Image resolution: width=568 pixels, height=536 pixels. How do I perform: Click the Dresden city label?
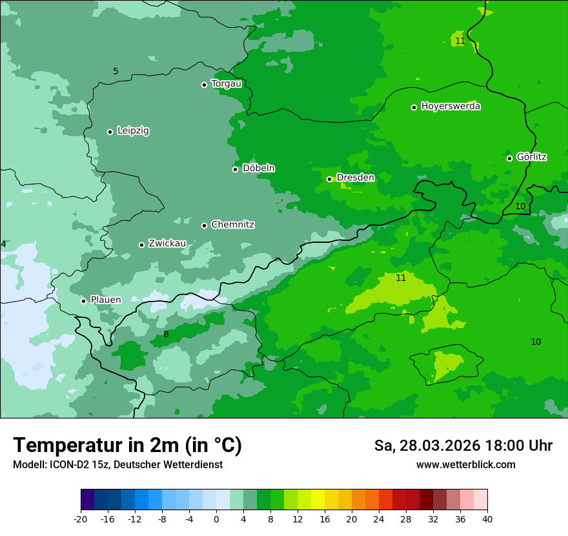[x=355, y=178]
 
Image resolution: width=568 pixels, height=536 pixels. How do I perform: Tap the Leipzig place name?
[x=133, y=131]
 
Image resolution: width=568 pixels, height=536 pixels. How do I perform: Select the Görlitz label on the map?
[x=532, y=157]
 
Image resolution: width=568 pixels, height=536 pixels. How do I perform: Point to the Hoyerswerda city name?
[x=451, y=107]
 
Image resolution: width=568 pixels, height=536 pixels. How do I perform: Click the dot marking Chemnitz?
[x=204, y=225]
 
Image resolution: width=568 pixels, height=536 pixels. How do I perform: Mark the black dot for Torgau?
[x=204, y=85]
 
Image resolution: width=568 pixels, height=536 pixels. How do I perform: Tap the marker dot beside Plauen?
[x=83, y=301]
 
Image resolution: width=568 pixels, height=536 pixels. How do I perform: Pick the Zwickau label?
[x=167, y=243]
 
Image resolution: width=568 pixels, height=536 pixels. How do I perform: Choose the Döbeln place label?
[x=258, y=169]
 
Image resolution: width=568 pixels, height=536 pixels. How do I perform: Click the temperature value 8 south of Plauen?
[x=166, y=334]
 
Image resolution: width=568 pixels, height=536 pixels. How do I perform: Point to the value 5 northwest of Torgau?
[x=116, y=71]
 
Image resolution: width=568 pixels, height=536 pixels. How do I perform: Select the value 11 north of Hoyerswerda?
[x=460, y=41]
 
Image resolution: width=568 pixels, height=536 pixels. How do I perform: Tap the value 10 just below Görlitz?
[x=520, y=206]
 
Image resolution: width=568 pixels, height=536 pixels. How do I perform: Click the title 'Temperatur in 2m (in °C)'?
[x=127, y=445]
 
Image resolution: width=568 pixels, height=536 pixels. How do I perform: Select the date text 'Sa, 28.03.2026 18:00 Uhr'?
[x=463, y=446]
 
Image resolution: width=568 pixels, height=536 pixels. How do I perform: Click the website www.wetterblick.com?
[x=465, y=465]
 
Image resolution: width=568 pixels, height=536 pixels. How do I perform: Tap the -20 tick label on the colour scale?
[x=81, y=519]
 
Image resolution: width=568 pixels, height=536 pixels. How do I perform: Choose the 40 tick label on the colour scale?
[x=487, y=519]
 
